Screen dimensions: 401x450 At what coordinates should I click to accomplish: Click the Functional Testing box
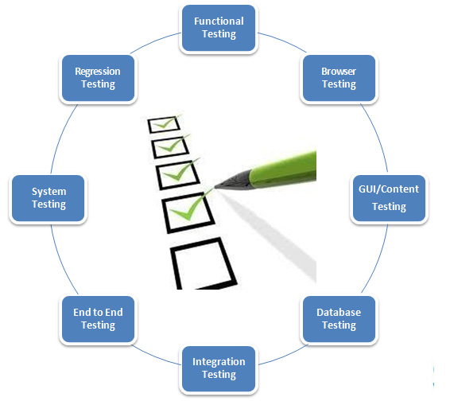[x=220, y=28]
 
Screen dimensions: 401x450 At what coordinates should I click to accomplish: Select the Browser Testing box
[x=339, y=77]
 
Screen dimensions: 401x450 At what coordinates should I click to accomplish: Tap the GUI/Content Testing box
[x=389, y=197]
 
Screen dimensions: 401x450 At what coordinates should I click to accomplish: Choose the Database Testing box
[x=339, y=318]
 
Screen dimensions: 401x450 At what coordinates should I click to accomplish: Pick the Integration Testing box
[x=219, y=368]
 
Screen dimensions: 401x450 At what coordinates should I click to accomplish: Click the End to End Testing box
[x=99, y=318]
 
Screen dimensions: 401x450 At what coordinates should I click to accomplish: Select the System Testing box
[x=48, y=197]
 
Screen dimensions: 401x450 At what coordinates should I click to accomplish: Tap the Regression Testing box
[x=98, y=77]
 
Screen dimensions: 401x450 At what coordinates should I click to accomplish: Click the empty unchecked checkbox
[x=202, y=265]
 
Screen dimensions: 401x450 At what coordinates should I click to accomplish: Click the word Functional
[x=219, y=21]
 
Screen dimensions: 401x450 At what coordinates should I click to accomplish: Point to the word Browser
[x=339, y=71]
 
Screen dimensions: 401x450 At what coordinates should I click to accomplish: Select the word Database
[x=339, y=312]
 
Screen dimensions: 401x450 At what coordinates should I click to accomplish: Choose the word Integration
[x=219, y=361]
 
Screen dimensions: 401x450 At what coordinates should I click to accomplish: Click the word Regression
[x=98, y=71]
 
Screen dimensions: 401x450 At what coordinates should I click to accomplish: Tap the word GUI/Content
[x=389, y=189]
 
